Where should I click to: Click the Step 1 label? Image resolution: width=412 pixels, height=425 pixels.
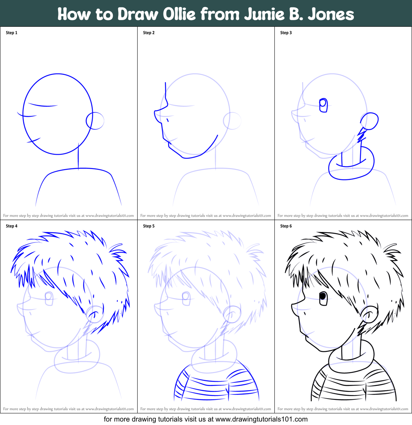click(12, 33)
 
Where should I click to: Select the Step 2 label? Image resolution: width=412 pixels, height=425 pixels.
click(149, 33)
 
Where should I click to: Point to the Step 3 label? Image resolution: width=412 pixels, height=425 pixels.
click(286, 33)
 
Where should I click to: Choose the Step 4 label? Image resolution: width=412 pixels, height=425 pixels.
click(12, 226)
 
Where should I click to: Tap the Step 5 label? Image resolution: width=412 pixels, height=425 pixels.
click(149, 226)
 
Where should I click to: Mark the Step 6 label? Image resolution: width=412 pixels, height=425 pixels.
click(286, 226)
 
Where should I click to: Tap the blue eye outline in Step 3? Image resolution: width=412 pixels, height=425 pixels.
click(323, 105)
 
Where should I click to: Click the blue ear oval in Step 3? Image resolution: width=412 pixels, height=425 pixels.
click(370, 121)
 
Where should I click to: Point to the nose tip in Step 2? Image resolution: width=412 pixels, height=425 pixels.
click(155, 112)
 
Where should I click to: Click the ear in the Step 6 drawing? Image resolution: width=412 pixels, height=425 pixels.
click(369, 313)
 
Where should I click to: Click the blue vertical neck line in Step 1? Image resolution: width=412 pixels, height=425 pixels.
click(79, 156)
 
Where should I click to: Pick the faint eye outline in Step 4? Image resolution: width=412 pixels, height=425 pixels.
click(49, 297)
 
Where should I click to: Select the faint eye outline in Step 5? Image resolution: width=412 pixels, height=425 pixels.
click(186, 297)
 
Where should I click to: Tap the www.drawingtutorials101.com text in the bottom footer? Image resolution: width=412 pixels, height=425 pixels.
click(261, 419)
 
